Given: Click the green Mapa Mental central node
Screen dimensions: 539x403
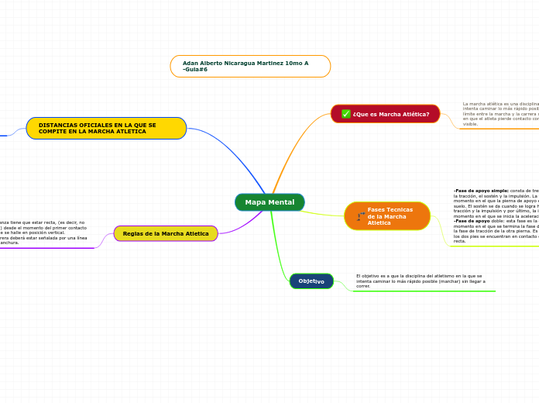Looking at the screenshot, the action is [x=269, y=202].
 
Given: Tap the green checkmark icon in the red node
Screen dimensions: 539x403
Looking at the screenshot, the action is [x=345, y=114].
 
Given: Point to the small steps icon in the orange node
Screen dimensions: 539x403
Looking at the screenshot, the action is [x=360, y=216].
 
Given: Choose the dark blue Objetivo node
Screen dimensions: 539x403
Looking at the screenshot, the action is [x=311, y=281].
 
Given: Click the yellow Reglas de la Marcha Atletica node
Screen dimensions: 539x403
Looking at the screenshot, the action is [x=166, y=233].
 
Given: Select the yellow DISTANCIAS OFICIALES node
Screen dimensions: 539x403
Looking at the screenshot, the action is [x=106, y=128].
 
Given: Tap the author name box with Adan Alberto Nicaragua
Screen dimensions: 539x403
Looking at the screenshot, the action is [x=250, y=66].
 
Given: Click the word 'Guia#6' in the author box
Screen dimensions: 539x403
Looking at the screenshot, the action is [x=197, y=70].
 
